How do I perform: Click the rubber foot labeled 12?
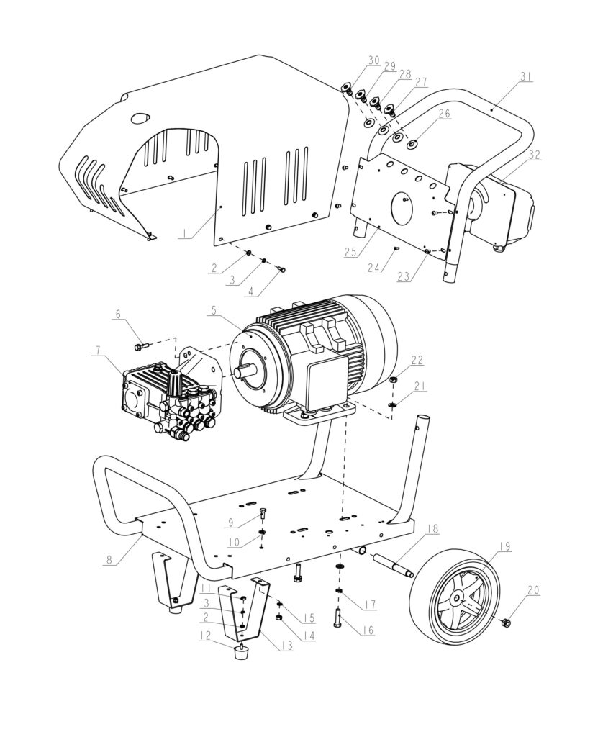[x=242, y=652]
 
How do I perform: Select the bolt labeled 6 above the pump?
[x=142, y=347]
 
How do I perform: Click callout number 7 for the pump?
[x=98, y=351]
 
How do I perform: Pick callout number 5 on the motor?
[x=214, y=311]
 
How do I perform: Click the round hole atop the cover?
[x=140, y=118]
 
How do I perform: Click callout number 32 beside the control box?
[x=535, y=155]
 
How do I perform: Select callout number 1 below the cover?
[x=184, y=234]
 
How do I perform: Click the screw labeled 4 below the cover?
[x=282, y=269]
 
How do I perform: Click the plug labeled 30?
[x=347, y=89]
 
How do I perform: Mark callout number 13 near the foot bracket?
[x=287, y=646]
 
